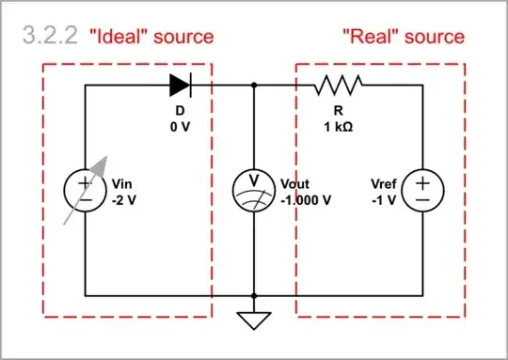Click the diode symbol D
click(181, 86)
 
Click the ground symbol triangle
click(254, 320)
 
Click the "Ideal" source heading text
click(151, 37)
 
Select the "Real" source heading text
click(403, 37)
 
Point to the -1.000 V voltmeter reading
click(307, 199)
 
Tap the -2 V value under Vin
click(125, 199)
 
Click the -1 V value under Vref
click(385, 199)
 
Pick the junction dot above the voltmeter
click(254, 86)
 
